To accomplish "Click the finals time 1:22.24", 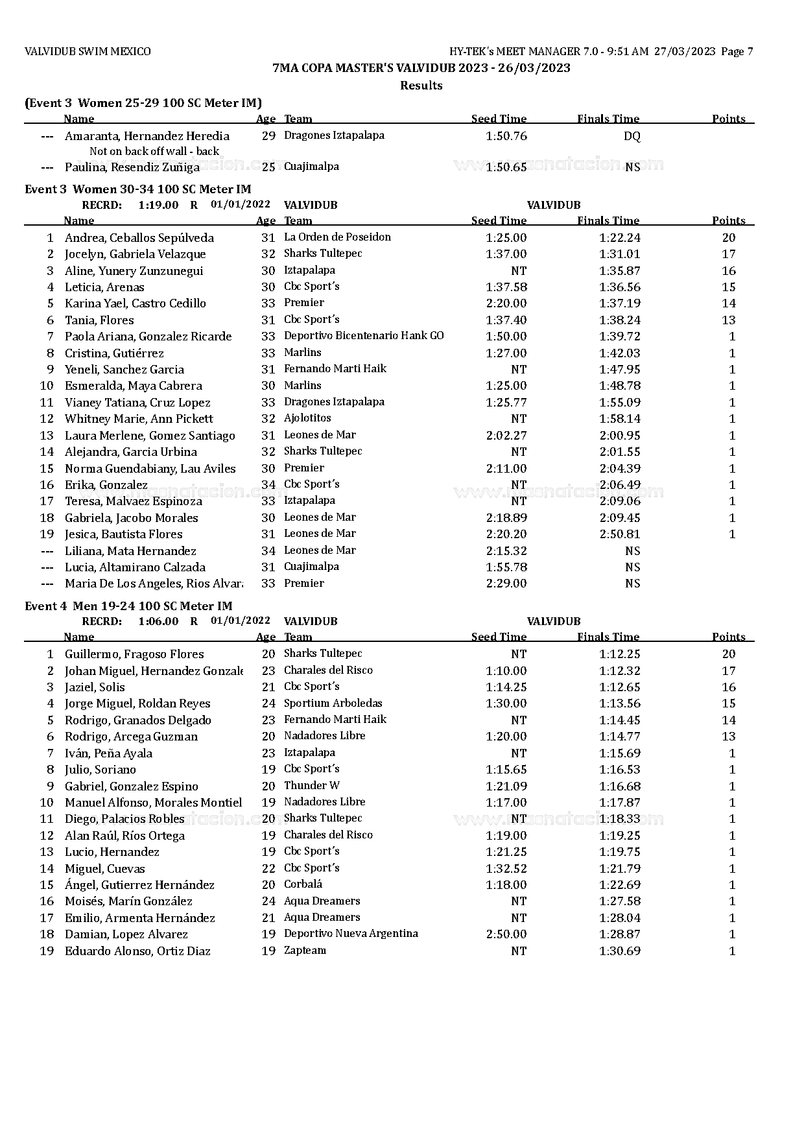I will tap(619, 238).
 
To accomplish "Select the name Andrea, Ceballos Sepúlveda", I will tap(139, 238).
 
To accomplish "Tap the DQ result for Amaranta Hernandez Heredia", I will tap(632, 136).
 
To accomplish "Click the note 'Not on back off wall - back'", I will tap(154, 151).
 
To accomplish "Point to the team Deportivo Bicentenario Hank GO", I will tap(364, 336).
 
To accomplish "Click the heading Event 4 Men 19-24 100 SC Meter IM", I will tap(128, 606).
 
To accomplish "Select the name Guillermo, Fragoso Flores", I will tap(134, 654).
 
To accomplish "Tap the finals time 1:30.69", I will tap(619, 951).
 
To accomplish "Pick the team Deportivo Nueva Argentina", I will tap(351, 934).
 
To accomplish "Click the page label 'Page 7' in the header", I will tap(737, 52).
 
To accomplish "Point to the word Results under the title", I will tap(421, 86).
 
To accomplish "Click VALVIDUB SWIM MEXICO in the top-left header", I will tap(88, 52).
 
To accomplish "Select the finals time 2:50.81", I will tap(619, 534).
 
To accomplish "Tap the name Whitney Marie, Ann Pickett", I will tap(139, 419).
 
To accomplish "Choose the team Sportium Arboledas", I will tap(333, 704).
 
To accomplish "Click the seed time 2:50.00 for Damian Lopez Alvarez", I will tap(506, 934).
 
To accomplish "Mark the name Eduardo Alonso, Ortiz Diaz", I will tap(137, 951).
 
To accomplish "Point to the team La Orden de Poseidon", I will tap(337, 237).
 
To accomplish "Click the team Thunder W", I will tap(311, 786).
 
